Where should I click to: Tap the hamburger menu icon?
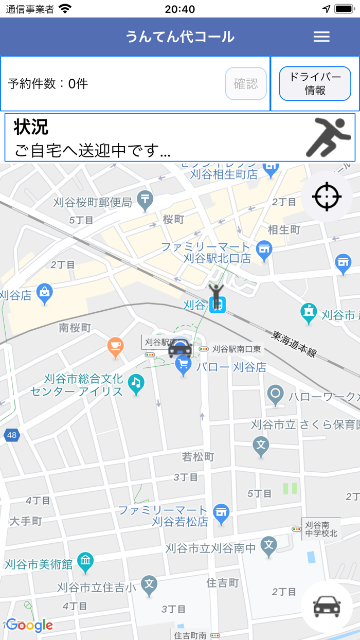click(321, 37)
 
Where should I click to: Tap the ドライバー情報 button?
click(315, 83)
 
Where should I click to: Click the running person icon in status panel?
click(330, 137)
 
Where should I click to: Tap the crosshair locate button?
click(327, 197)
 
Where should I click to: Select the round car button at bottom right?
click(327, 607)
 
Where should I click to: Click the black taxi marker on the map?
click(180, 348)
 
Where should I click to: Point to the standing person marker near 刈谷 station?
click(217, 295)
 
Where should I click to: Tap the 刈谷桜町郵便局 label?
click(93, 202)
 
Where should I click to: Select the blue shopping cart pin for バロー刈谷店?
click(184, 366)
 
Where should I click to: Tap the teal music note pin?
click(136, 383)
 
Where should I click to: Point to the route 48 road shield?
click(11, 435)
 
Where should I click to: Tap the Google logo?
click(29, 625)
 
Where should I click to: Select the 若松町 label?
click(198, 456)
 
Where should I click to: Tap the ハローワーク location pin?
click(276, 395)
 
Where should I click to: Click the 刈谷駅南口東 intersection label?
click(237, 349)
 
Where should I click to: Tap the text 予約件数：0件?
click(48, 84)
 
